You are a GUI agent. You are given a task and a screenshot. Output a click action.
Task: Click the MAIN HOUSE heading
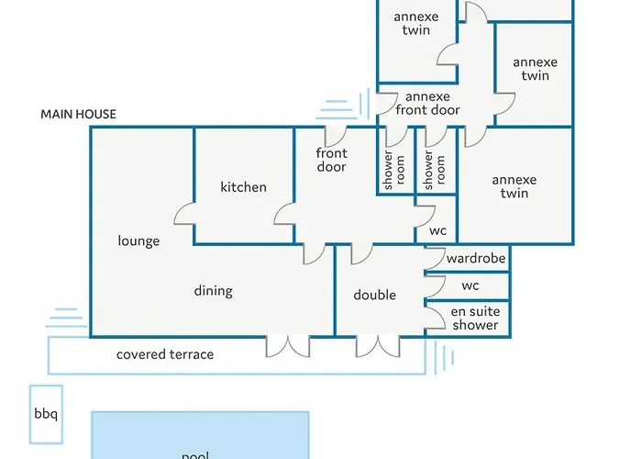pyautogui.click(x=78, y=115)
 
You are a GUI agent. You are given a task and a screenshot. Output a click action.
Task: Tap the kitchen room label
pyautogui.click(x=243, y=187)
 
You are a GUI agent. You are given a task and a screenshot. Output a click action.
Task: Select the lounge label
pyautogui.click(x=138, y=241)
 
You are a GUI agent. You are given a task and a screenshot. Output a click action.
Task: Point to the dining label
pyautogui.click(x=213, y=291)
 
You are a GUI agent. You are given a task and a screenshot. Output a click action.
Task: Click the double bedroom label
pyautogui.click(x=374, y=295)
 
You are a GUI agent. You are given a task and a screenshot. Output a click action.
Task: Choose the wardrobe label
pyautogui.click(x=476, y=259)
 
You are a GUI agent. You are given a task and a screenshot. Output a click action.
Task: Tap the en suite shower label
pyautogui.click(x=475, y=319)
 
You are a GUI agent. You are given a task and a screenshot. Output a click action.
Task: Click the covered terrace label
pyautogui.click(x=165, y=354)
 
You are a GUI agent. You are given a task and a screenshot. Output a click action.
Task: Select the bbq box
pyautogui.click(x=45, y=414)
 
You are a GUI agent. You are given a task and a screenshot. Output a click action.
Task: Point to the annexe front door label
pyautogui.click(x=427, y=103)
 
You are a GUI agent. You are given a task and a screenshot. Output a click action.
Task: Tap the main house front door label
pyautogui.click(x=331, y=160)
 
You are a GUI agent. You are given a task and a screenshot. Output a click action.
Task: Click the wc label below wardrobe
pyautogui.click(x=470, y=285)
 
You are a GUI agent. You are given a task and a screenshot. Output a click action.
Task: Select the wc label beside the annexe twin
pyautogui.click(x=437, y=230)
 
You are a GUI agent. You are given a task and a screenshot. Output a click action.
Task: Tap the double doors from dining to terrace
pyautogui.click(x=288, y=345)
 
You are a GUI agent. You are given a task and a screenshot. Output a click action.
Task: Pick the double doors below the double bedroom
pyautogui.click(x=378, y=345)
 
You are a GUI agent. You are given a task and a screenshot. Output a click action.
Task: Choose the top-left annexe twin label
pyautogui.click(x=415, y=23)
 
